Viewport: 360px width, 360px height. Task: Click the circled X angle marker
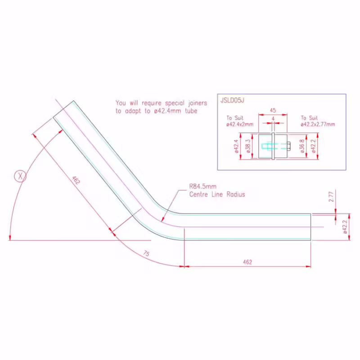[x=20, y=176]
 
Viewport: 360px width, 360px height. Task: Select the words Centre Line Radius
[x=217, y=194]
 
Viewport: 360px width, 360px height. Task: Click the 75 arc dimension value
[x=146, y=253]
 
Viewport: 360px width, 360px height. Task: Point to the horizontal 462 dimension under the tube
[x=247, y=262]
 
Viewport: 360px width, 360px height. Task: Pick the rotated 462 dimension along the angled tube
[x=76, y=180]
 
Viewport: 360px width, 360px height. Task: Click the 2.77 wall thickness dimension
[x=331, y=197]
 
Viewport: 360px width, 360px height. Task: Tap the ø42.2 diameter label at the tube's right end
[x=345, y=227]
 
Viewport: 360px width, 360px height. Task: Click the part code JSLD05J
[x=232, y=100]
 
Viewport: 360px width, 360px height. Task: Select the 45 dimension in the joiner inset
[x=273, y=110]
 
